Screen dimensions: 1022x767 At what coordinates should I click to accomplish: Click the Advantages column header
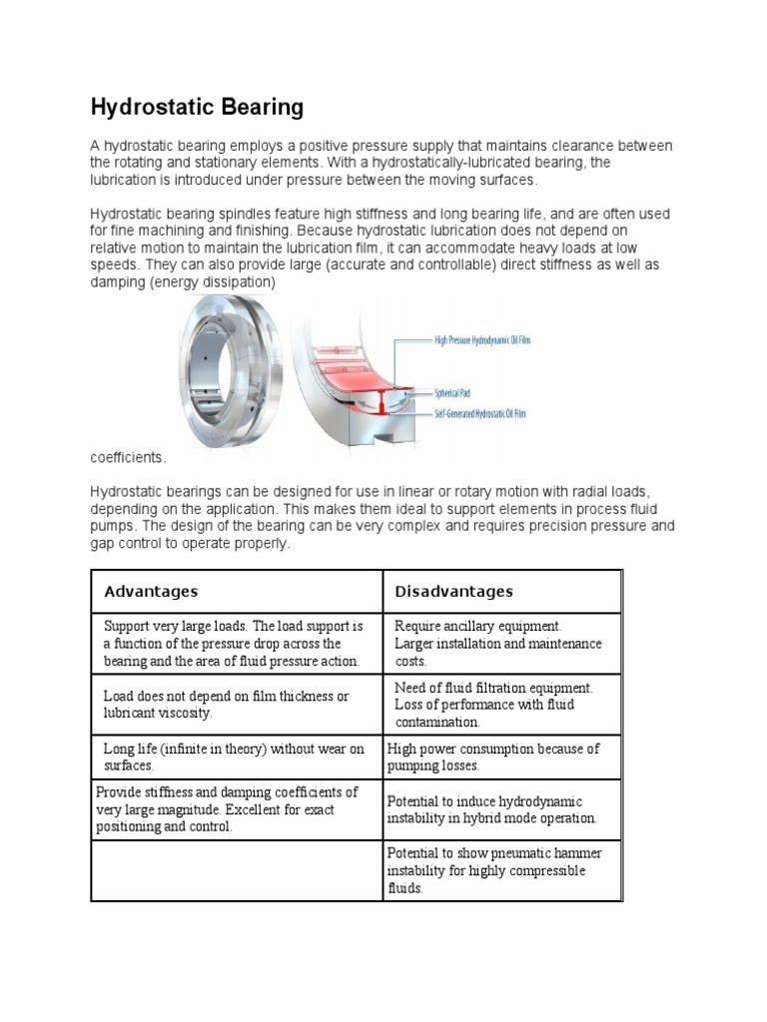click(151, 592)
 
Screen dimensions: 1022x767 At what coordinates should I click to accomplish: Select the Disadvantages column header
click(453, 592)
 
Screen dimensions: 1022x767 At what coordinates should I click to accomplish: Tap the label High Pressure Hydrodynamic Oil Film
click(481, 340)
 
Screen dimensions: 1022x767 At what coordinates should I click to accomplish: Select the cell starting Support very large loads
click(234, 644)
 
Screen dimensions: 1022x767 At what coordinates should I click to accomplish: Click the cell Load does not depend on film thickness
click(226, 705)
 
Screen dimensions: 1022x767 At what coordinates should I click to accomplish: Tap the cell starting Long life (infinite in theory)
click(234, 758)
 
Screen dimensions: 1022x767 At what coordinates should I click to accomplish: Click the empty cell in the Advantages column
click(237, 871)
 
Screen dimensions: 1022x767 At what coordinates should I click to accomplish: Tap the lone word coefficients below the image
click(128, 457)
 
